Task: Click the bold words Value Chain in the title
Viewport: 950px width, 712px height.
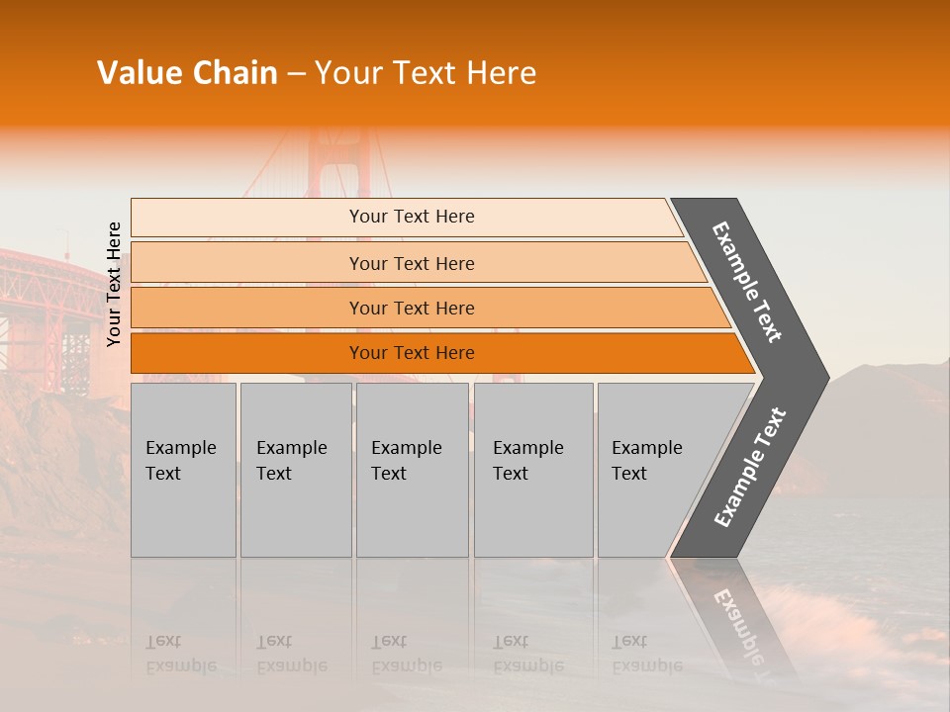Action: [x=187, y=73]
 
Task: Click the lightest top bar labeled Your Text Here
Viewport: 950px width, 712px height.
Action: [x=411, y=217]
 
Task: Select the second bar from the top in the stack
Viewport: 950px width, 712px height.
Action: [x=411, y=263]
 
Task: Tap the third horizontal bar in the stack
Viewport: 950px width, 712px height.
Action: [x=411, y=308]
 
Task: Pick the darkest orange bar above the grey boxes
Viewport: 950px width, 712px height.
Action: [x=411, y=353]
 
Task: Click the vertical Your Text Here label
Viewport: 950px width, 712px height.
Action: [x=114, y=285]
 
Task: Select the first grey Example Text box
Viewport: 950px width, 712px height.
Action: [x=183, y=470]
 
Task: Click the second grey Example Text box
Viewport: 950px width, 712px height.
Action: [x=295, y=470]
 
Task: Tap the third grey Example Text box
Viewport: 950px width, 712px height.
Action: [x=412, y=470]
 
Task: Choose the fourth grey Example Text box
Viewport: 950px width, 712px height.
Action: [x=533, y=470]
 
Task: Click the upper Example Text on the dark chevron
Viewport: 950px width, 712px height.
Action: [x=747, y=282]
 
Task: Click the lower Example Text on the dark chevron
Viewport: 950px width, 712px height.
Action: [x=750, y=467]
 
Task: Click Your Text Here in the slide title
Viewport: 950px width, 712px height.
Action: [x=426, y=73]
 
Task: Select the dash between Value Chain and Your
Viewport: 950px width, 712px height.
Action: [x=296, y=74]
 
